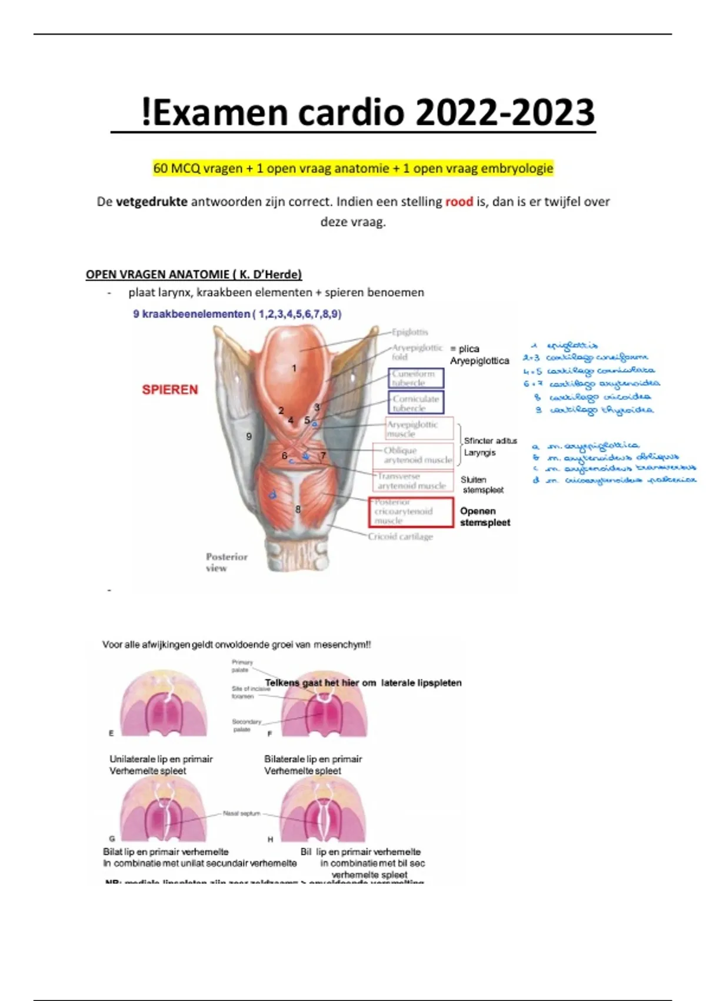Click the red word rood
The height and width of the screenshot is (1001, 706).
click(x=459, y=202)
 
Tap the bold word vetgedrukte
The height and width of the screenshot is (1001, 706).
click(x=152, y=202)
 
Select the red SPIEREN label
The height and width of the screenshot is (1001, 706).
click(x=169, y=390)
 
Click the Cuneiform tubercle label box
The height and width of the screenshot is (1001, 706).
click(x=415, y=378)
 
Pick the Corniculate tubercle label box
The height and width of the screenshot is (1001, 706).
click(x=415, y=403)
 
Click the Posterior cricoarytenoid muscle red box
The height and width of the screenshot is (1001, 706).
click(x=411, y=512)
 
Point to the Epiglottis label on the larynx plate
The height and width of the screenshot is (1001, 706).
click(x=410, y=332)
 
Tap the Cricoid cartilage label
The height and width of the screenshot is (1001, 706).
click(x=400, y=536)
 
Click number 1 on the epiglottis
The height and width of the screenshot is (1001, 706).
click(x=294, y=369)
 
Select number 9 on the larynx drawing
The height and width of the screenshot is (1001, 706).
click(x=249, y=436)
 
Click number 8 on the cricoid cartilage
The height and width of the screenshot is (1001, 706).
click(x=298, y=509)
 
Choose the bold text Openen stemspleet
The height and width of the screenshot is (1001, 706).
click(x=485, y=516)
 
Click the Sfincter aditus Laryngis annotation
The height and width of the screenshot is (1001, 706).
click(x=489, y=446)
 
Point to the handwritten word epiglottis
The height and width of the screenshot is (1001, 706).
click(x=571, y=346)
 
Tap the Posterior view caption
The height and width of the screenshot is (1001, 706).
click(x=226, y=562)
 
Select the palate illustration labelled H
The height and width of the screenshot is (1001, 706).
click(x=323, y=810)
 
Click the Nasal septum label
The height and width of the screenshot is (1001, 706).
click(x=241, y=814)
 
